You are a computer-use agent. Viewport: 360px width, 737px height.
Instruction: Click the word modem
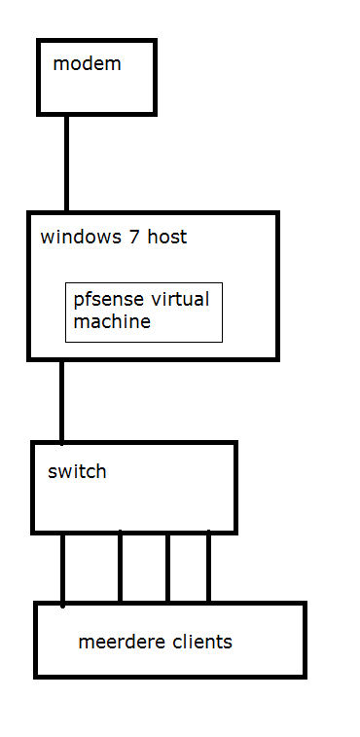tap(87, 64)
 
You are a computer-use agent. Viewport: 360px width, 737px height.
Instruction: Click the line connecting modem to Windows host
tap(67, 163)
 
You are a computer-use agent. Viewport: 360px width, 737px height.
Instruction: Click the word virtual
tap(178, 299)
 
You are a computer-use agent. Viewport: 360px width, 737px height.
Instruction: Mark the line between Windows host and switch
tap(62, 401)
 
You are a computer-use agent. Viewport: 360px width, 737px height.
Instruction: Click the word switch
tap(77, 472)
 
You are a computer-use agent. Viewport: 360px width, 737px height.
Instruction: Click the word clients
tap(201, 642)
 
